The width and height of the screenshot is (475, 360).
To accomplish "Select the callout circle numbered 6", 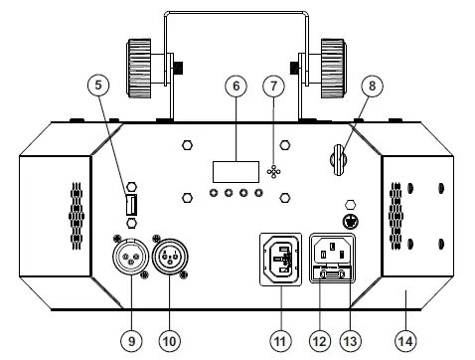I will point(235,87).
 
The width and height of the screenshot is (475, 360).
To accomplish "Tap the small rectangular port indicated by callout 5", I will point(131,206).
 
